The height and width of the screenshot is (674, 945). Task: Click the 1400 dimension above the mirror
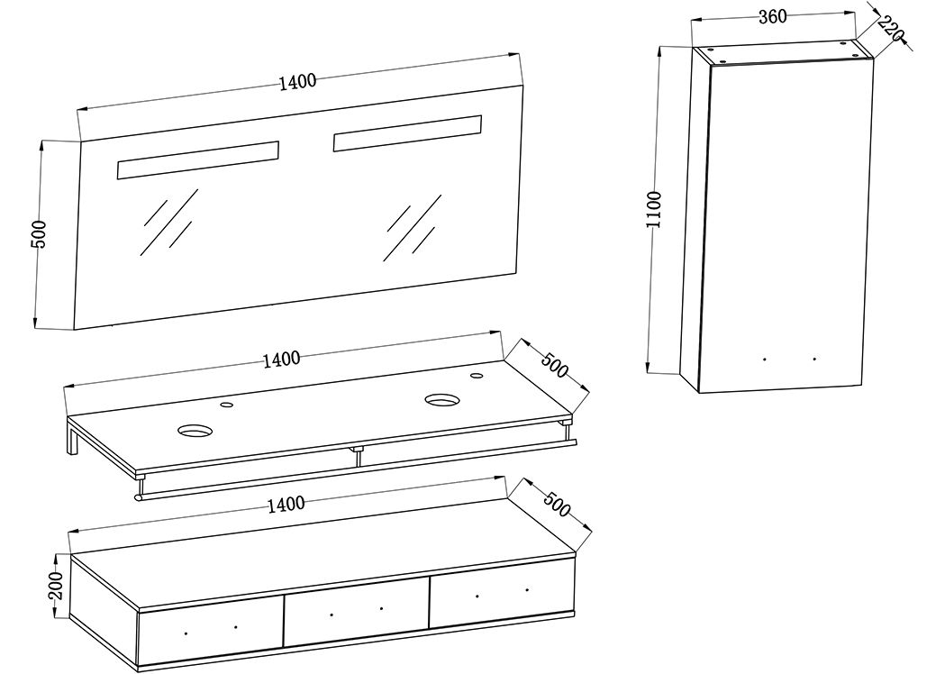[297, 81]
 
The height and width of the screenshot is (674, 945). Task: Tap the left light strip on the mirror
[197, 159]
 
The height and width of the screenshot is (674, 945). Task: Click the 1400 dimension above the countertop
[281, 360]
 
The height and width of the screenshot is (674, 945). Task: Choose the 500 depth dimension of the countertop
[554, 368]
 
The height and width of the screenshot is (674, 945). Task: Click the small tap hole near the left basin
[226, 406]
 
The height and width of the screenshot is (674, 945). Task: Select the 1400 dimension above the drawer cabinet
[286, 505]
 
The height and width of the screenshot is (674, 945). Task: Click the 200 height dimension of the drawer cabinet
[56, 587]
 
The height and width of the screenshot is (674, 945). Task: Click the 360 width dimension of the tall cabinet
[772, 16]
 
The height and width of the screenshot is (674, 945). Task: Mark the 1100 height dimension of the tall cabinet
[654, 209]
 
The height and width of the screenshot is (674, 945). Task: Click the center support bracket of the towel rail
[358, 454]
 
